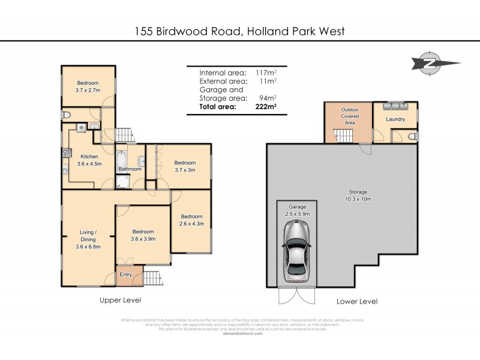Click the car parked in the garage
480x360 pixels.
click(296, 250)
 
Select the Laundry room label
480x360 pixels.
click(395, 119)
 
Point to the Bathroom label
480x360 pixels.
click(129, 169)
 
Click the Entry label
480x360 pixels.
click(125, 274)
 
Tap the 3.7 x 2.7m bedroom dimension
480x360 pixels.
click(87, 90)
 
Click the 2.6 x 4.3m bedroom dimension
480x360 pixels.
click(191, 224)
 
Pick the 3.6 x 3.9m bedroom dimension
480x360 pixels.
click(143, 239)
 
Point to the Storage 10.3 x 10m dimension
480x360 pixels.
click(358, 199)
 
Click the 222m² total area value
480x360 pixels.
click(264, 107)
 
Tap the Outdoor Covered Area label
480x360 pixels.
click(350, 116)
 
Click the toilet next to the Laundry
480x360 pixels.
click(412, 137)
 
